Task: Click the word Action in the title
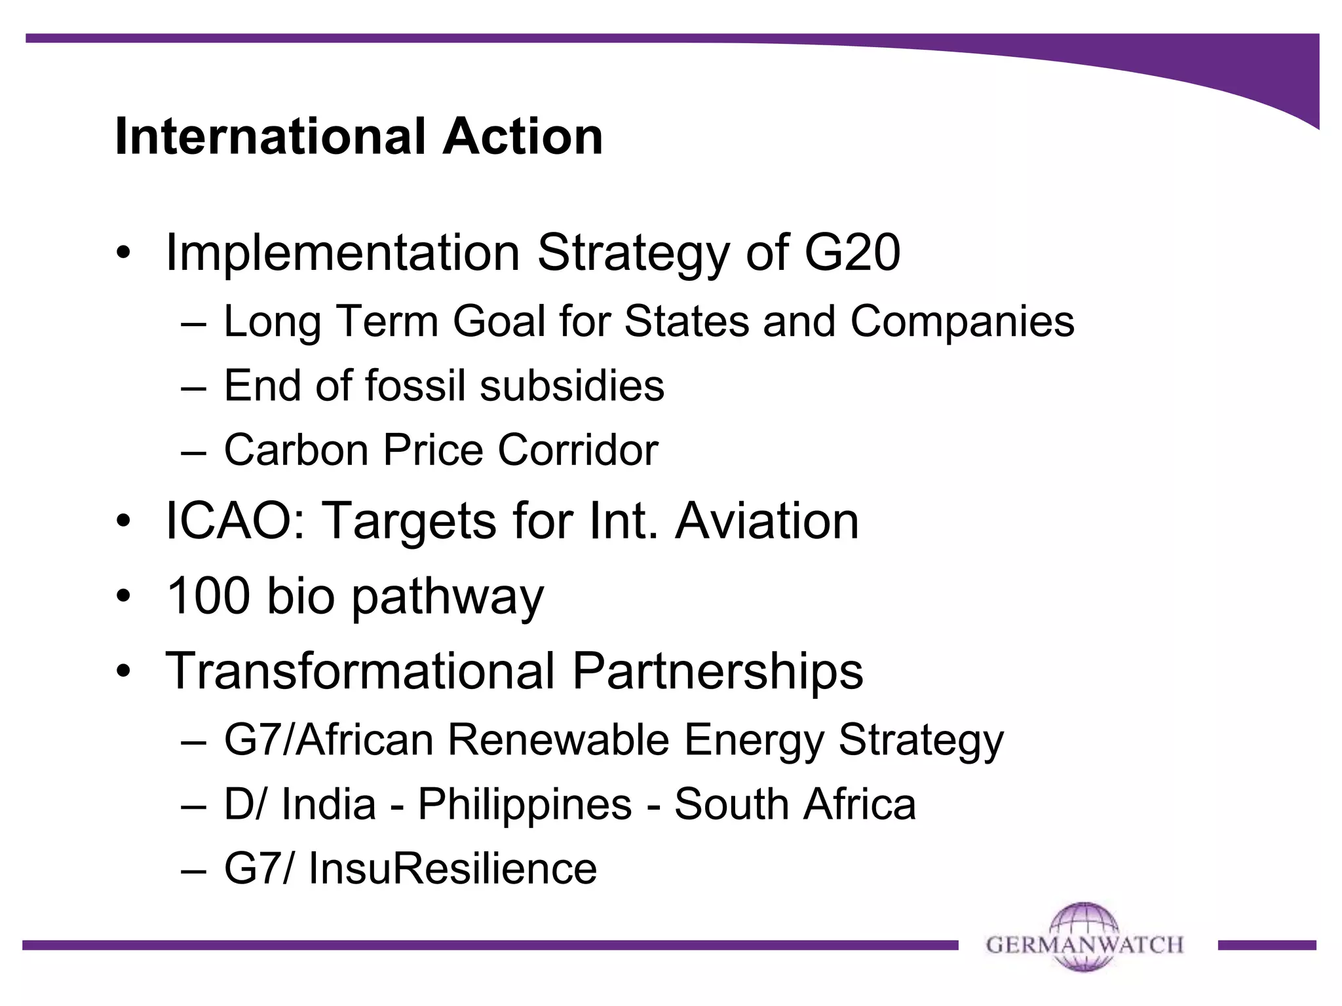pos(522,136)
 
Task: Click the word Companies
pos(962,322)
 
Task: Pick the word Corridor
pos(577,450)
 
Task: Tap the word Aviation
pos(767,521)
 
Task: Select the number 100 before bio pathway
pos(208,596)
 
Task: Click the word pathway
pos(448,597)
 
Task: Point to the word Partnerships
pos(718,671)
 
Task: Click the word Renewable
pos(558,740)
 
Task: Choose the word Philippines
pos(525,804)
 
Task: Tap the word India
pos(328,804)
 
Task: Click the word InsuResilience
pos(453,868)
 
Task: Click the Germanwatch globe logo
pos(1084,937)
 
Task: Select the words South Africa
pos(795,804)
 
